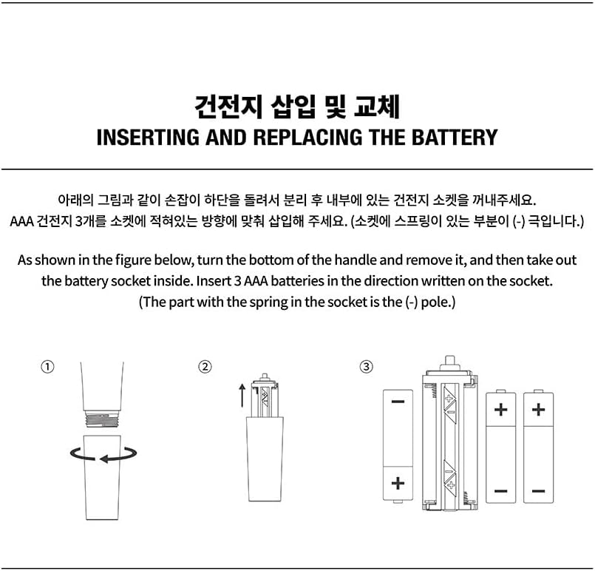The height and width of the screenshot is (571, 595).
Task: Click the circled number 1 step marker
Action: [48, 367]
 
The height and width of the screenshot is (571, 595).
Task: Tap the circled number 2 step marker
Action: [205, 367]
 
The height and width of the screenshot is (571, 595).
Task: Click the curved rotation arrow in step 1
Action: [103, 453]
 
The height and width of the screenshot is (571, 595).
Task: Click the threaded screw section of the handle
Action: [103, 419]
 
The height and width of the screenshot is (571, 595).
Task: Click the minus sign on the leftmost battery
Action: [398, 402]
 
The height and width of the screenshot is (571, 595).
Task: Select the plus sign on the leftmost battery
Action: [398, 483]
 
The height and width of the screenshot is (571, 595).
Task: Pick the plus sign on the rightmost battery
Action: [538, 409]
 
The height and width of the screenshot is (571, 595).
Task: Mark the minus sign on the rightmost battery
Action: [538, 490]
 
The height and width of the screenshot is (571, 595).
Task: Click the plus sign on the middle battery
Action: [500, 409]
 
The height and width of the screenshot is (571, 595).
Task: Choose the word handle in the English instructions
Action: [356, 260]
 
